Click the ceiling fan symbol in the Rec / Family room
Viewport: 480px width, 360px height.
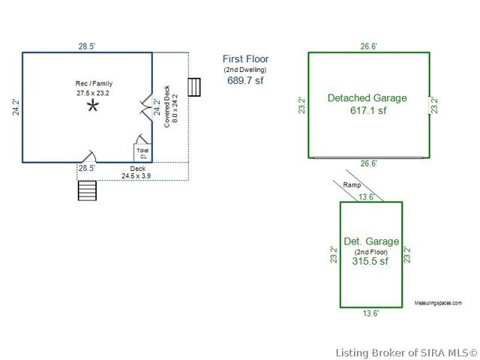point(92,106)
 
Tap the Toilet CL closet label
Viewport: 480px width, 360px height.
point(143,153)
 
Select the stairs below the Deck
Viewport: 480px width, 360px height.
point(87,190)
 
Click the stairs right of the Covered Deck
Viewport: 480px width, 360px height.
point(194,87)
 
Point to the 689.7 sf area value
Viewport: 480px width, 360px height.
point(245,80)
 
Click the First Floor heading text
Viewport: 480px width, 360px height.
point(245,58)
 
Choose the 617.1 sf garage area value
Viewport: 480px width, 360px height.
point(368,110)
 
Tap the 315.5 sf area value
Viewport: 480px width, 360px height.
point(370,261)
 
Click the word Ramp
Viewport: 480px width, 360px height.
point(352,185)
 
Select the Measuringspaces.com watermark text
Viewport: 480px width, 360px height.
point(438,303)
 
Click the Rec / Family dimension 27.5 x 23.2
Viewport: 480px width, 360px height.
point(93,93)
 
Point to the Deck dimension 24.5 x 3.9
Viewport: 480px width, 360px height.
point(136,176)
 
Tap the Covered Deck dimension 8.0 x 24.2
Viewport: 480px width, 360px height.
point(175,108)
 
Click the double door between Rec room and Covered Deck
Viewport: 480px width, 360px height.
point(146,108)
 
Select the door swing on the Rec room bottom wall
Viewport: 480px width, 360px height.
point(89,156)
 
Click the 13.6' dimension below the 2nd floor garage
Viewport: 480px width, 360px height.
point(371,313)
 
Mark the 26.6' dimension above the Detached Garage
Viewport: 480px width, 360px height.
point(368,46)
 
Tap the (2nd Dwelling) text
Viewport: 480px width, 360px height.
point(245,70)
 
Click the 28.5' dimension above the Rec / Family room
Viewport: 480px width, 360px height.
point(87,46)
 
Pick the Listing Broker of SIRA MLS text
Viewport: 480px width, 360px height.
point(406,353)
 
